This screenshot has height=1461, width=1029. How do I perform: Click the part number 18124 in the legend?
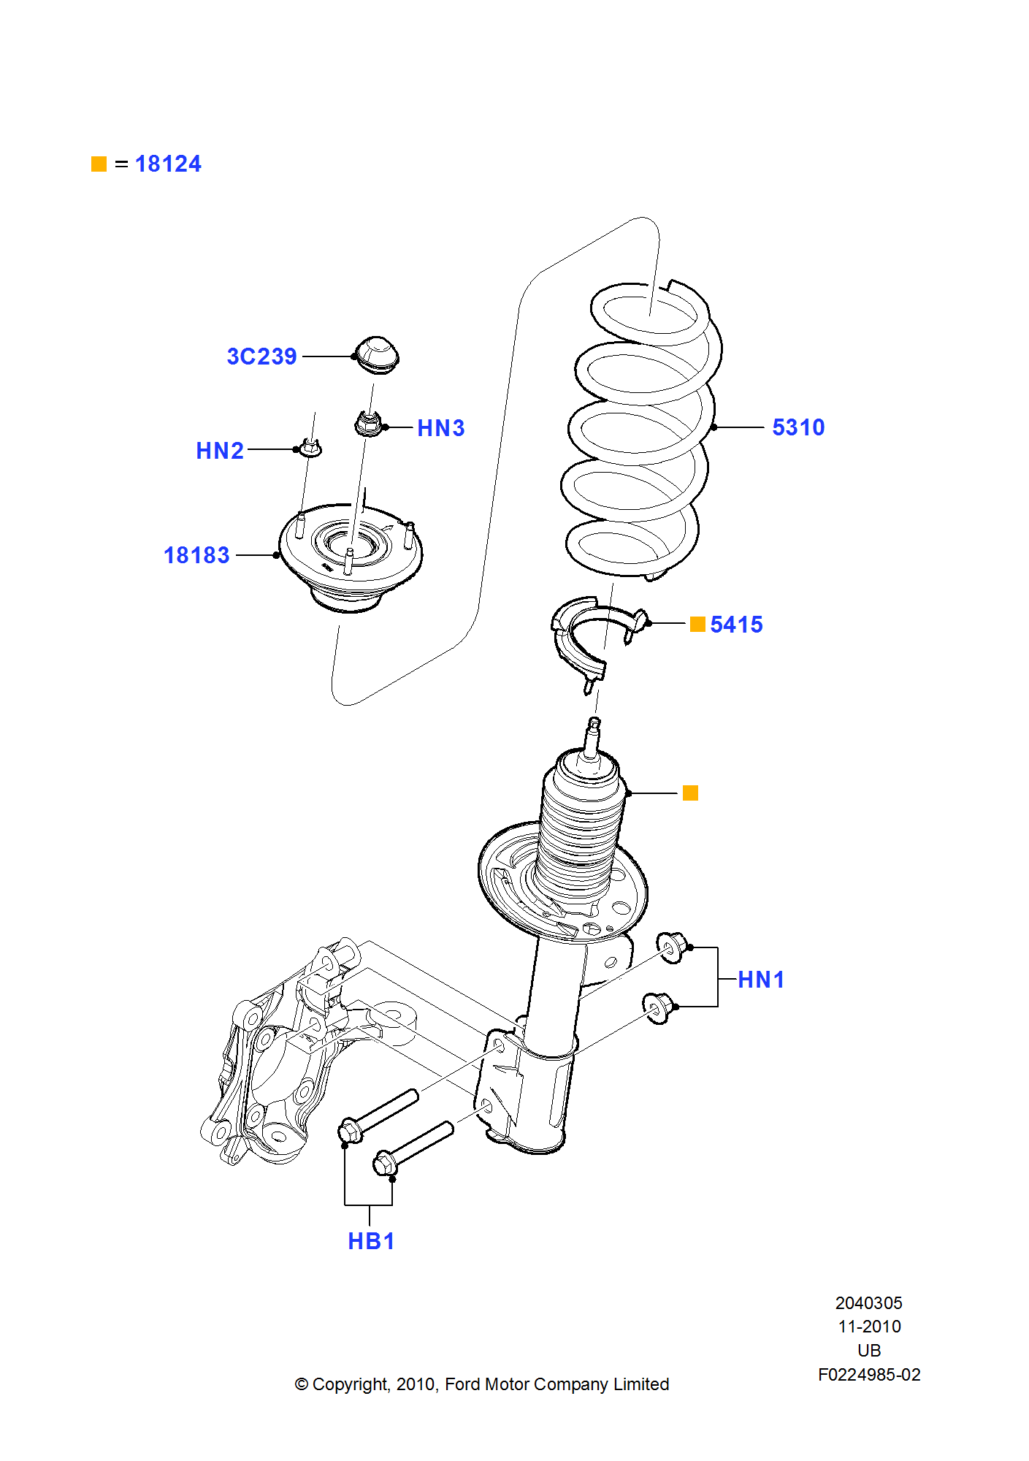168,164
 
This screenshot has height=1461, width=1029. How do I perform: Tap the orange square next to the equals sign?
99,164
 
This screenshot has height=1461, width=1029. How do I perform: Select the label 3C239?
261,356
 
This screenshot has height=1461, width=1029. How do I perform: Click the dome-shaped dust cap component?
377,355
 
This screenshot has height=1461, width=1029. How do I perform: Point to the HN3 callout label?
440,428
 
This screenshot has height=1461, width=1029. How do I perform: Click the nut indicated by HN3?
369,424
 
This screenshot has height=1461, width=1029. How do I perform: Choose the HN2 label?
220,451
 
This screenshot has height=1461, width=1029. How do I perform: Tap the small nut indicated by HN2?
311,447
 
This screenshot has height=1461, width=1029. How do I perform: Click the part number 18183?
196,555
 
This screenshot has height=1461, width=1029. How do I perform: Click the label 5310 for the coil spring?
798,427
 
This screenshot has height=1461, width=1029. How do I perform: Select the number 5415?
736,625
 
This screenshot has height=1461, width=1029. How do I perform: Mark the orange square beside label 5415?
697,624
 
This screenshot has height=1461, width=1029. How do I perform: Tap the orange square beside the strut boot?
690,793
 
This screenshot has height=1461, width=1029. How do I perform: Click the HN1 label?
761,980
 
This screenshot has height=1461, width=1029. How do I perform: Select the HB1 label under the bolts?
371,1241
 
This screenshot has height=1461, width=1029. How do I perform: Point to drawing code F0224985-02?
869,1375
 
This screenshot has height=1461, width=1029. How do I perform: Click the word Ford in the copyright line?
463,1384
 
